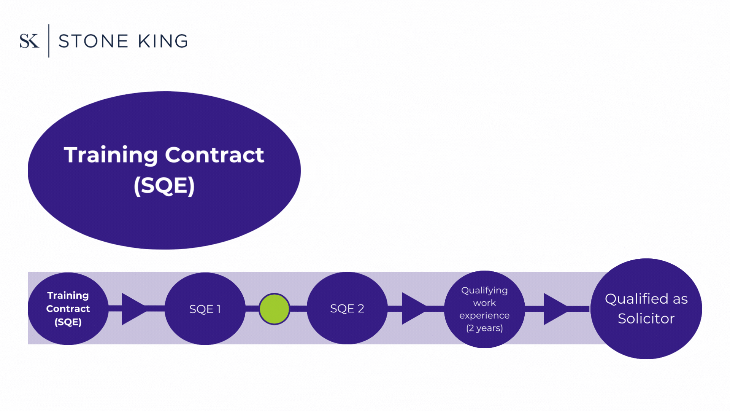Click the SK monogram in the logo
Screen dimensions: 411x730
pyautogui.click(x=29, y=41)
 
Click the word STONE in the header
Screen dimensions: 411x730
pyautogui.click(x=94, y=41)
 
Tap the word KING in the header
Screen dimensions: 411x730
pyautogui.click(x=163, y=41)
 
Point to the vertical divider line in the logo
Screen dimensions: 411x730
pyautogui.click(x=49, y=41)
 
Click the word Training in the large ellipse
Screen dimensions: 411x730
pyautogui.click(x=111, y=155)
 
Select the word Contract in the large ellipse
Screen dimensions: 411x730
pyautogui.click(x=214, y=155)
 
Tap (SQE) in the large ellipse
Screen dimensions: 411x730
pyautogui.click(x=164, y=186)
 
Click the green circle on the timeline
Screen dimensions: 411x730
pyautogui.click(x=274, y=309)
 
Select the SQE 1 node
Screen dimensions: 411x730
pyautogui.click(x=205, y=309)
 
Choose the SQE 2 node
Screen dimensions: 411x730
pyautogui.click(x=347, y=308)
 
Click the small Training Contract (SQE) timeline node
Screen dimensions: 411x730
pyautogui.click(x=68, y=309)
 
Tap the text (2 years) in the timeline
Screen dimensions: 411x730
pyautogui.click(x=484, y=328)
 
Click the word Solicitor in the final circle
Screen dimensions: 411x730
pyautogui.click(x=646, y=319)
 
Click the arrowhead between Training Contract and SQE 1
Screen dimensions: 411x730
pyautogui.click(x=132, y=309)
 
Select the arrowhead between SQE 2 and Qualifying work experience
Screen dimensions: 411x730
pyautogui.click(x=413, y=308)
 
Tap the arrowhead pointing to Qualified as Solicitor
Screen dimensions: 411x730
pyautogui.click(x=554, y=309)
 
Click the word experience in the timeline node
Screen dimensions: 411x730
pyautogui.click(x=484, y=315)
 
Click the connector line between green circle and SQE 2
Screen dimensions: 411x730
pyautogui.click(x=298, y=308)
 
